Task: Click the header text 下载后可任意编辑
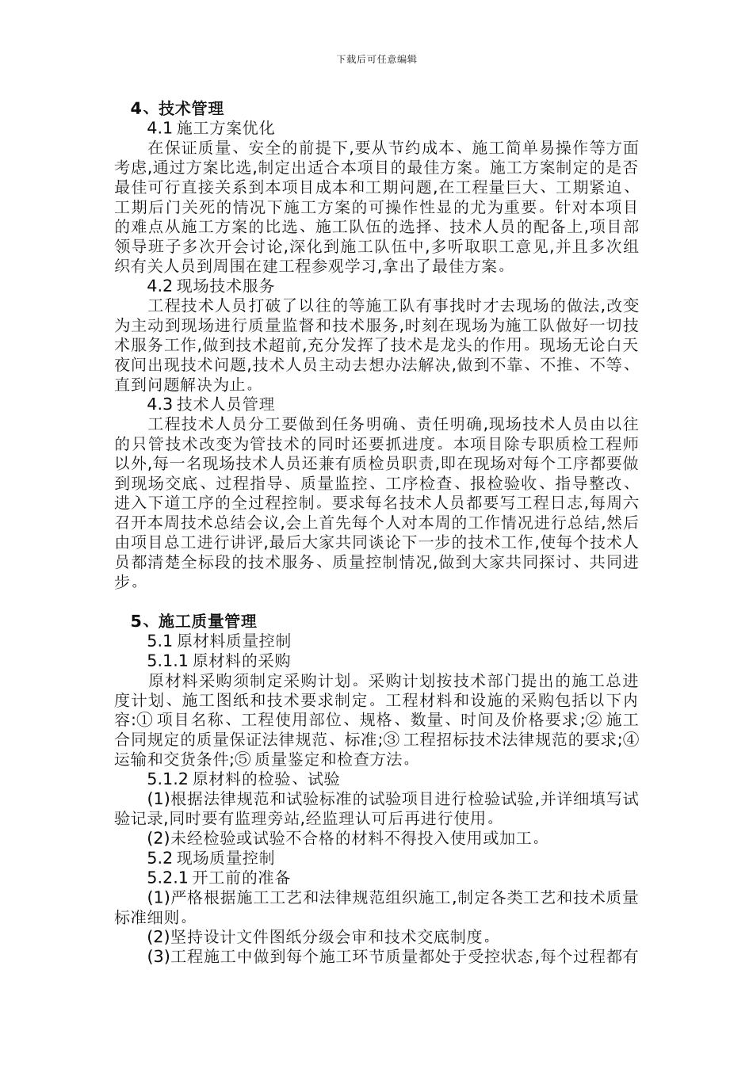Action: tap(376, 59)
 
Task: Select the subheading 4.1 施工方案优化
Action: tap(211, 128)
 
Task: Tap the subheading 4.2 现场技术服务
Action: tap(211, 285)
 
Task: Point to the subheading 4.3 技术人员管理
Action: tap(211, 403)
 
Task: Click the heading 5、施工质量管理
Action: tap(193, 620)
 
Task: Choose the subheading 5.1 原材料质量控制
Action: tap(219, 640)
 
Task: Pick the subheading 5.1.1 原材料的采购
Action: tap(219, 660)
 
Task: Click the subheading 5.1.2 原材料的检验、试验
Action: tap(243, 778)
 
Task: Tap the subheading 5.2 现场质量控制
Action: tap(211, 857)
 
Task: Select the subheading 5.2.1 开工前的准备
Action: tap(219, 877)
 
